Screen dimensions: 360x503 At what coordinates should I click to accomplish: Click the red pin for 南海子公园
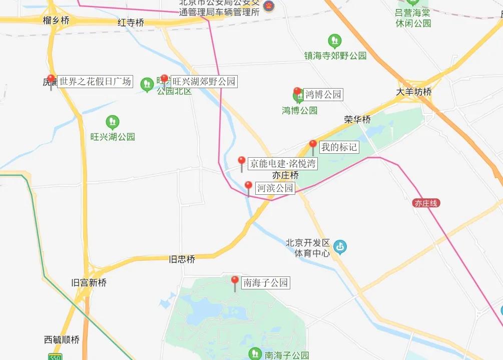[x=235, y=281]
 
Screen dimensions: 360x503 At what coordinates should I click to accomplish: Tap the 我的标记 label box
[x=339, y=147]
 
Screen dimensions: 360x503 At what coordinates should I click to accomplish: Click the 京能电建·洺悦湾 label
[x=283, y=163]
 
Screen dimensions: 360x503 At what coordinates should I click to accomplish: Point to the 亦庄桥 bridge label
[x=285, y=175]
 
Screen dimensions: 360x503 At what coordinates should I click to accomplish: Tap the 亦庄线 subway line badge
[x=426, y=203]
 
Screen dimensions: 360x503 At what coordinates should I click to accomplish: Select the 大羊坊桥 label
[x=413, y=92]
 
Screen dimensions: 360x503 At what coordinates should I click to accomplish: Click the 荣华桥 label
[x=357, y=120]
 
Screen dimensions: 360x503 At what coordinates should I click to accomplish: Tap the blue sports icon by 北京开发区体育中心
[x=340, y=247]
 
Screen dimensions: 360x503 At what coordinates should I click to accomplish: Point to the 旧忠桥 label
[x=182, y=259]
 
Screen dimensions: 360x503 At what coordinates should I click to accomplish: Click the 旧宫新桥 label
[x=89, y=282]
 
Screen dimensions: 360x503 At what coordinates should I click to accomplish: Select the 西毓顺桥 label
[x=62, y=340]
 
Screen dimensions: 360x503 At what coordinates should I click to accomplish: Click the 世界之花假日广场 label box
[x=95, y=81]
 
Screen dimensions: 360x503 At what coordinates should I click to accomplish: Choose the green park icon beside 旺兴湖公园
[x=113, y=122]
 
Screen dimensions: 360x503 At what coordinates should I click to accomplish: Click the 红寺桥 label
[x=131, y=23]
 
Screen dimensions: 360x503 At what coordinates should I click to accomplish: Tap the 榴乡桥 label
[x=56, y=21]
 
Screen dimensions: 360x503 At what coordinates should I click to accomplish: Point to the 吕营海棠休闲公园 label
[x=413, y=18]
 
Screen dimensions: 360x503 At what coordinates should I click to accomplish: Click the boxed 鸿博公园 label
[x=323, y=94]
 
